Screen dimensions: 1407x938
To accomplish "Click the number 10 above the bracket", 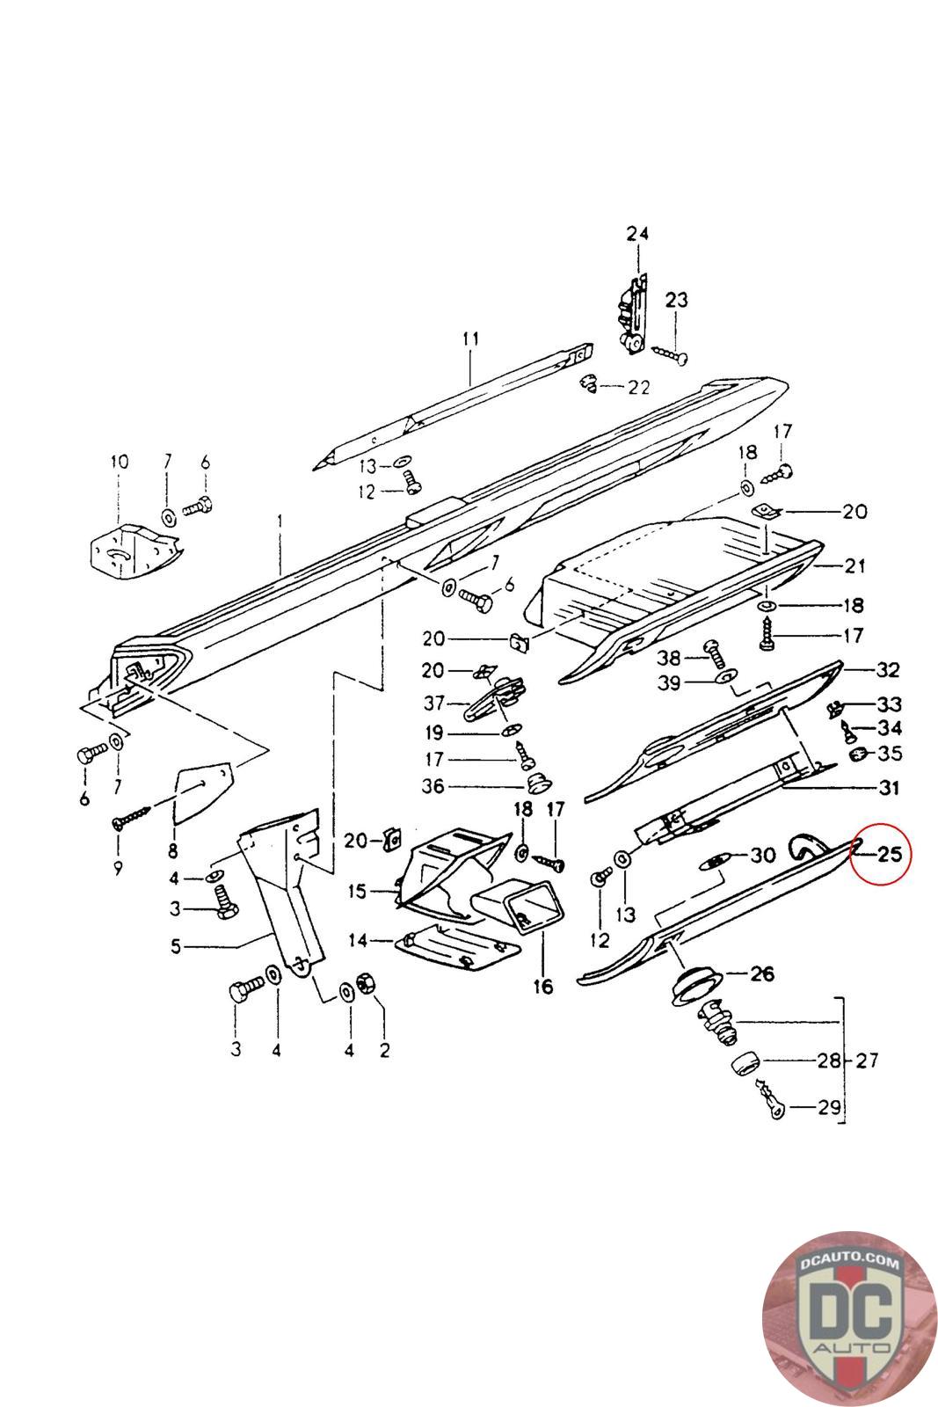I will [x=119, y=462].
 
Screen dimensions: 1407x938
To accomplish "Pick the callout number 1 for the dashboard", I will [x=280, y=521].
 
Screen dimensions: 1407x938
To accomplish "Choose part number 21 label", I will [x=854, y=565].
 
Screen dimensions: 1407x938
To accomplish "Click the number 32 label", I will [x=887, y=670].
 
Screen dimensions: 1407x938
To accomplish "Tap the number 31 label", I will [x=889, y=788].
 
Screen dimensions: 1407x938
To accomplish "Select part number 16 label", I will [x=543, y=987].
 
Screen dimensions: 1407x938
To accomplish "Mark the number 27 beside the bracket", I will [x=867, y=1061].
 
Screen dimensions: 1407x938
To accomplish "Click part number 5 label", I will [x=176, y=947].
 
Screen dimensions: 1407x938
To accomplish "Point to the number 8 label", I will [x=173, y=850].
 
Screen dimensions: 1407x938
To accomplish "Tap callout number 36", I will [x=433, y=787].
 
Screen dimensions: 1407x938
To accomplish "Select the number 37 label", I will [x=433, y=703].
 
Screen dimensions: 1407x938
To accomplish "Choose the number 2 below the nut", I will [x=384, y=1049].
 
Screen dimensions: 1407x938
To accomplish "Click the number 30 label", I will [x=761, y=855].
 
